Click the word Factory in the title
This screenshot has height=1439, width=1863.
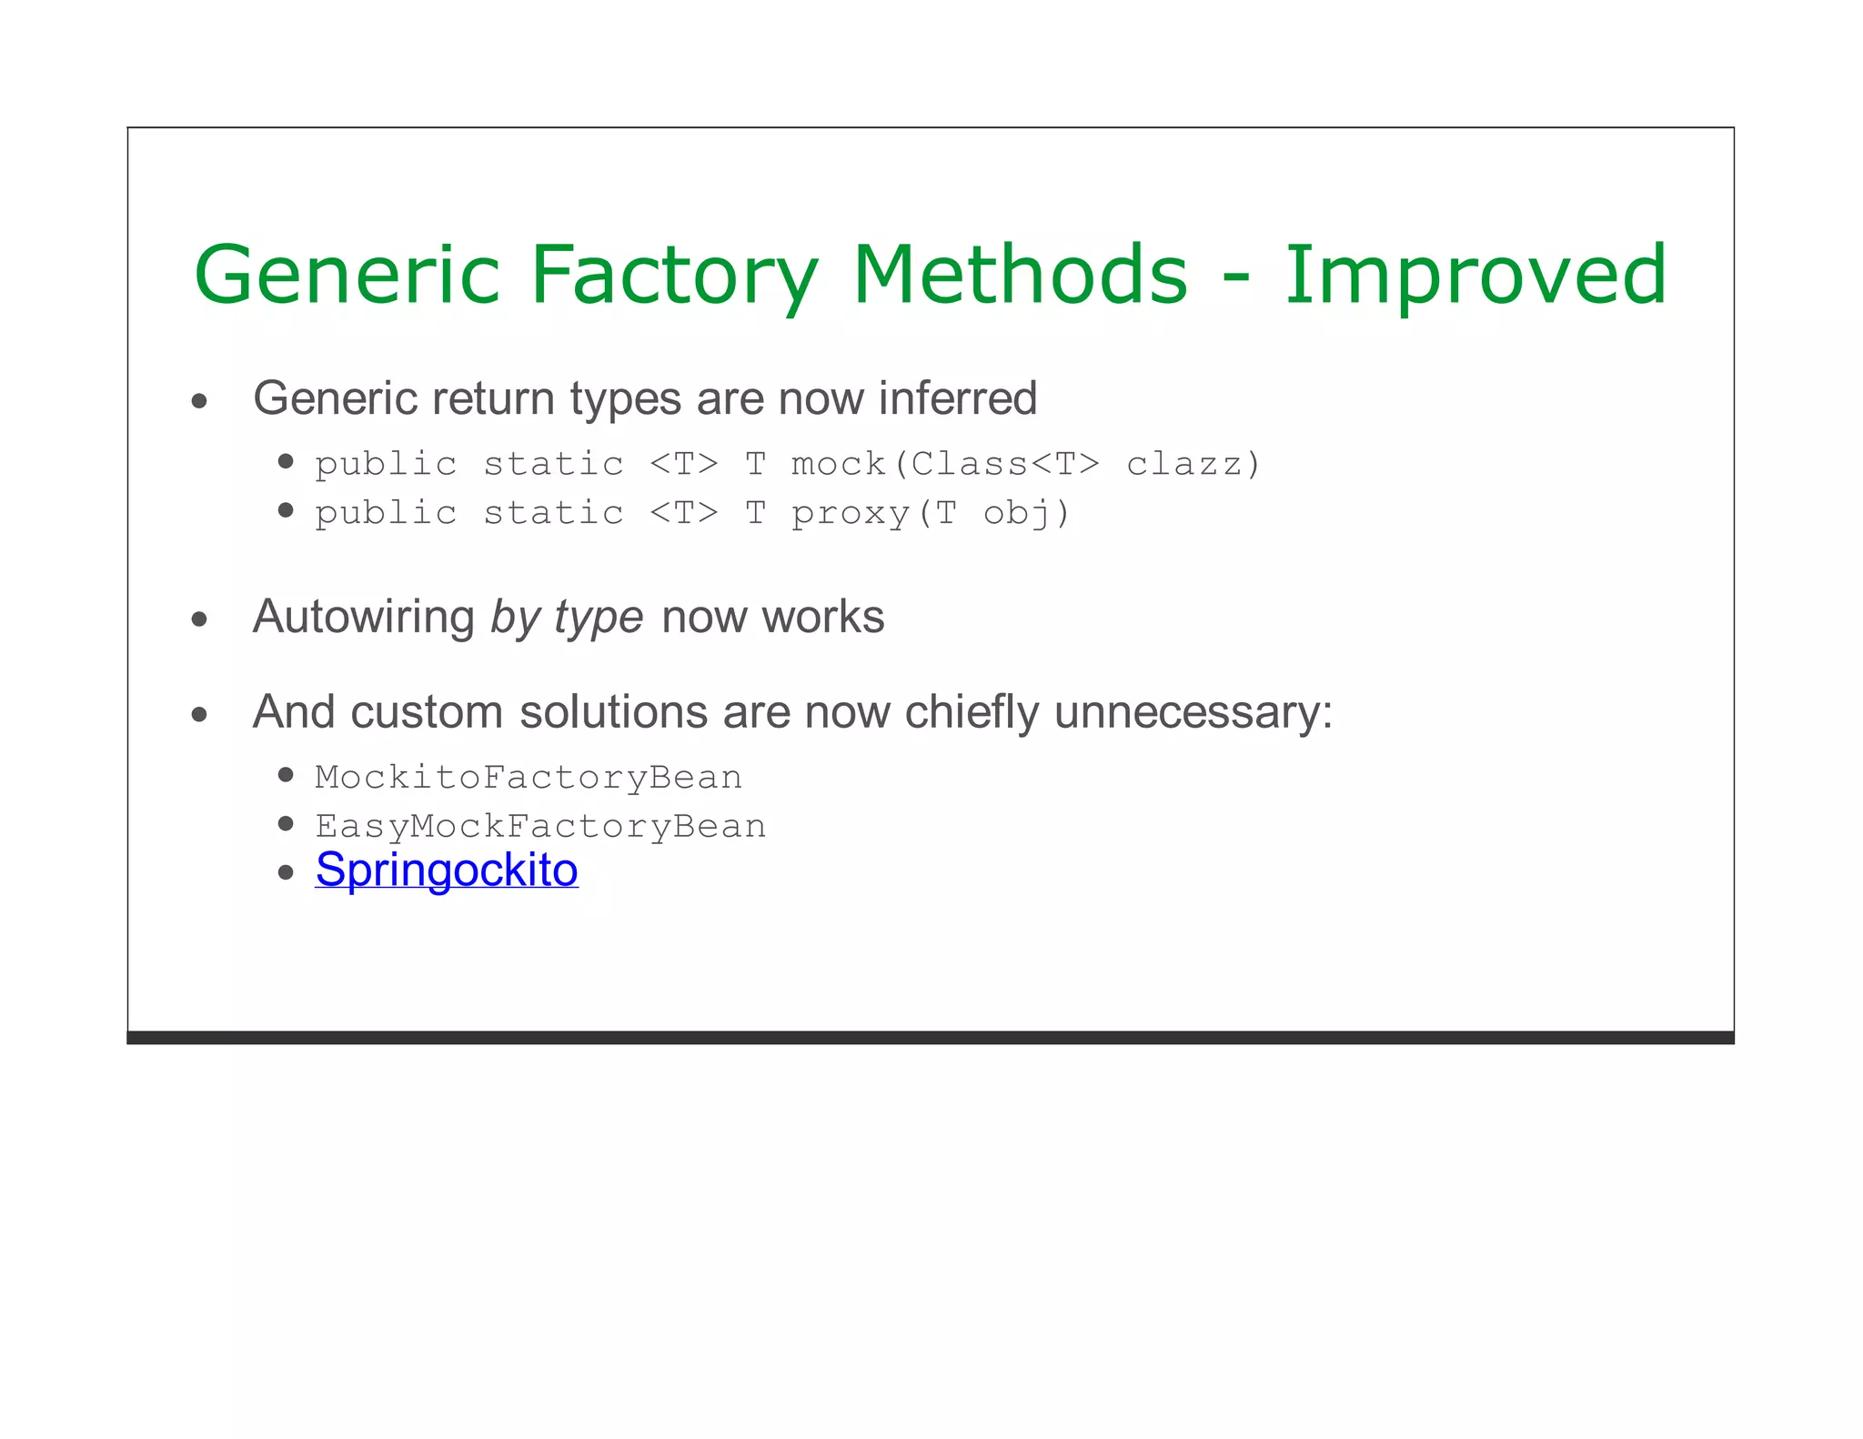(674, 275)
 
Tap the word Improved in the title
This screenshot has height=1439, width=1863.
(1475, 275)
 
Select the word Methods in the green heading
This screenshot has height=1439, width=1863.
(1020, 275)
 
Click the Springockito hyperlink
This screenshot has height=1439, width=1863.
(447, 870)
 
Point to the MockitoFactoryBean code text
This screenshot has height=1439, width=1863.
(529, 778)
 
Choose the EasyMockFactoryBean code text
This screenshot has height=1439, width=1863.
(540, 827)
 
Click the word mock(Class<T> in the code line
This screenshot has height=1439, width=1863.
(945, 464)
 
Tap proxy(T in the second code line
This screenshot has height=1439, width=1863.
(874, 513)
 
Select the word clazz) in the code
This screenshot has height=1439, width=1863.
(1193, 464)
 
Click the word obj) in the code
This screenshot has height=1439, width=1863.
(1026, 513)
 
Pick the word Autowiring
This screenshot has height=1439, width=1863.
(364, 617)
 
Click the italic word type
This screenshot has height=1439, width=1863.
(599, 619)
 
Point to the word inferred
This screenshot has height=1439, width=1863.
(957, 398)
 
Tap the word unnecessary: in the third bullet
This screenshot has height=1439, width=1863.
(1193, 712)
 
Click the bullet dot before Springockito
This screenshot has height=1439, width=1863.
(287, 873)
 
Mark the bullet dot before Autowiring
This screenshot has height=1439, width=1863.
(200, 620)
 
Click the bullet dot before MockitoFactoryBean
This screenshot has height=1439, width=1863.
(287, 775)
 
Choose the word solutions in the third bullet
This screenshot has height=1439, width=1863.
(613, 712)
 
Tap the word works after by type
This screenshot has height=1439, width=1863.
(822, 617)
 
